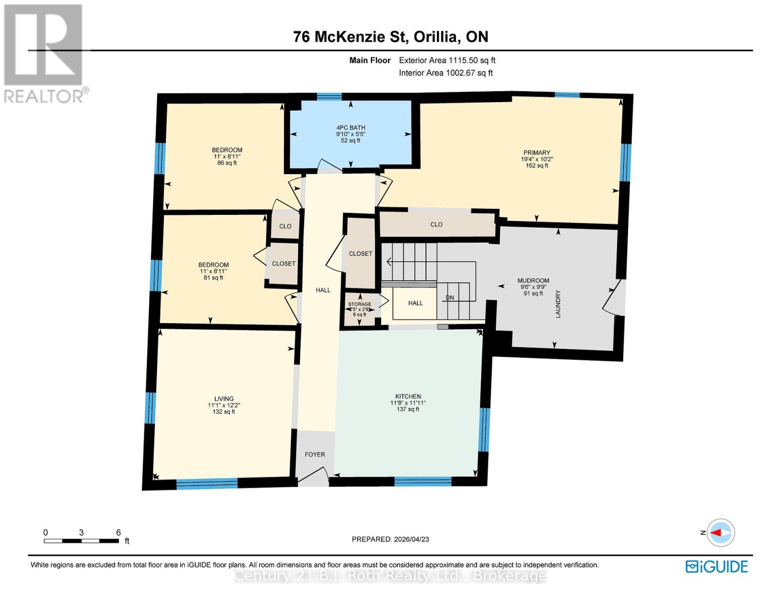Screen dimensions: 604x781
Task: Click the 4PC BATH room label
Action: point(351,128)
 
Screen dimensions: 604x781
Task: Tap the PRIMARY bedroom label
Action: point(537,153)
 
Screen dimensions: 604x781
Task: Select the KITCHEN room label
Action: point(408,397)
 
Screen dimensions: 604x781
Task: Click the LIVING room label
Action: point(224,399)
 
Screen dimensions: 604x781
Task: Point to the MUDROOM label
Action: point(533,281)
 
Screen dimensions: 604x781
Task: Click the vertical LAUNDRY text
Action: point(557,304)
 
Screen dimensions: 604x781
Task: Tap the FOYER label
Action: point(315,455)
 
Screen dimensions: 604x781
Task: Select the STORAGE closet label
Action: point(360,305)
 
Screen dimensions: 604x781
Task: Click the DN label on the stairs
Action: point(450,297)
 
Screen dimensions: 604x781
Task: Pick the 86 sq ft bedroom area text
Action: point(227,163)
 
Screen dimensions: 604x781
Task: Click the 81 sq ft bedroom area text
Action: point(213,278)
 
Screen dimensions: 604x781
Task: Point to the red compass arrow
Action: point(719,533)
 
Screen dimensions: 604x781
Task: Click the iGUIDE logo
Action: point(717,567)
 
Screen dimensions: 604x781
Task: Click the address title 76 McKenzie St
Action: point(390,37)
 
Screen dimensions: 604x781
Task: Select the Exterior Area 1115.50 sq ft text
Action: point(447,60)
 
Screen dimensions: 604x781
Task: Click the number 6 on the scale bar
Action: point(119,533)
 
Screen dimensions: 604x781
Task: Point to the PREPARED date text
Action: point(390,539)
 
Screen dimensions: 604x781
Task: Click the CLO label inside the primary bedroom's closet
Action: point(436,224)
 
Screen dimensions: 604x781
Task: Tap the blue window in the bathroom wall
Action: point(329,96)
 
